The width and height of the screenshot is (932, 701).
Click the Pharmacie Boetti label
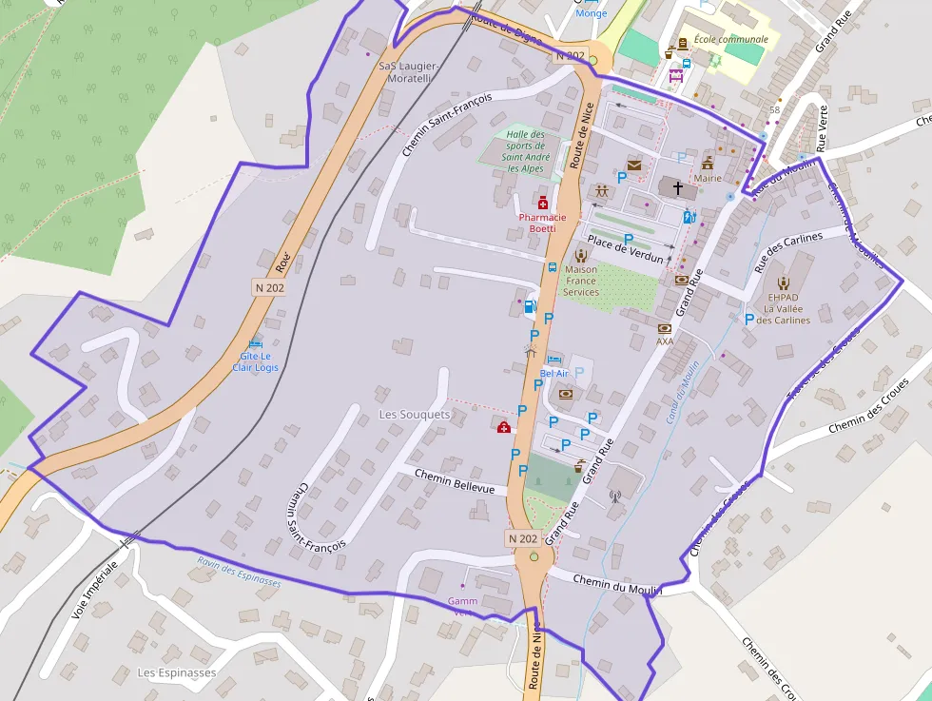(x=542, y=223)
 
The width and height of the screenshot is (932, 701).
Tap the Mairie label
(x=708, y=178)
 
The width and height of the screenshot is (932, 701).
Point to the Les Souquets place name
(x=415, y=415)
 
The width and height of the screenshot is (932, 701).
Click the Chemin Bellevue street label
(x=455, y=481)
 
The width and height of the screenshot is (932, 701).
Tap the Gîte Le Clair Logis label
(x=256, y=361)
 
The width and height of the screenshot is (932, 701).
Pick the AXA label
(x=665, y=341)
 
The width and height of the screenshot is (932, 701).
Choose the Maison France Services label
(x=581, y=281)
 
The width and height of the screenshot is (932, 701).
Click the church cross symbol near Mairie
(x=678, y=188)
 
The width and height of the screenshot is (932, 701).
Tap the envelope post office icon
(x=634, y=166)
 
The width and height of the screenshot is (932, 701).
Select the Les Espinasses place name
(x=177, y=672)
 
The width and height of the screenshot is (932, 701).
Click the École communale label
(x=730, y=39)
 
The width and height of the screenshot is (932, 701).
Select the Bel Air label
(x=553, y=373)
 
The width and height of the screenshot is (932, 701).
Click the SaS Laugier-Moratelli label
(x=408, y=72)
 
